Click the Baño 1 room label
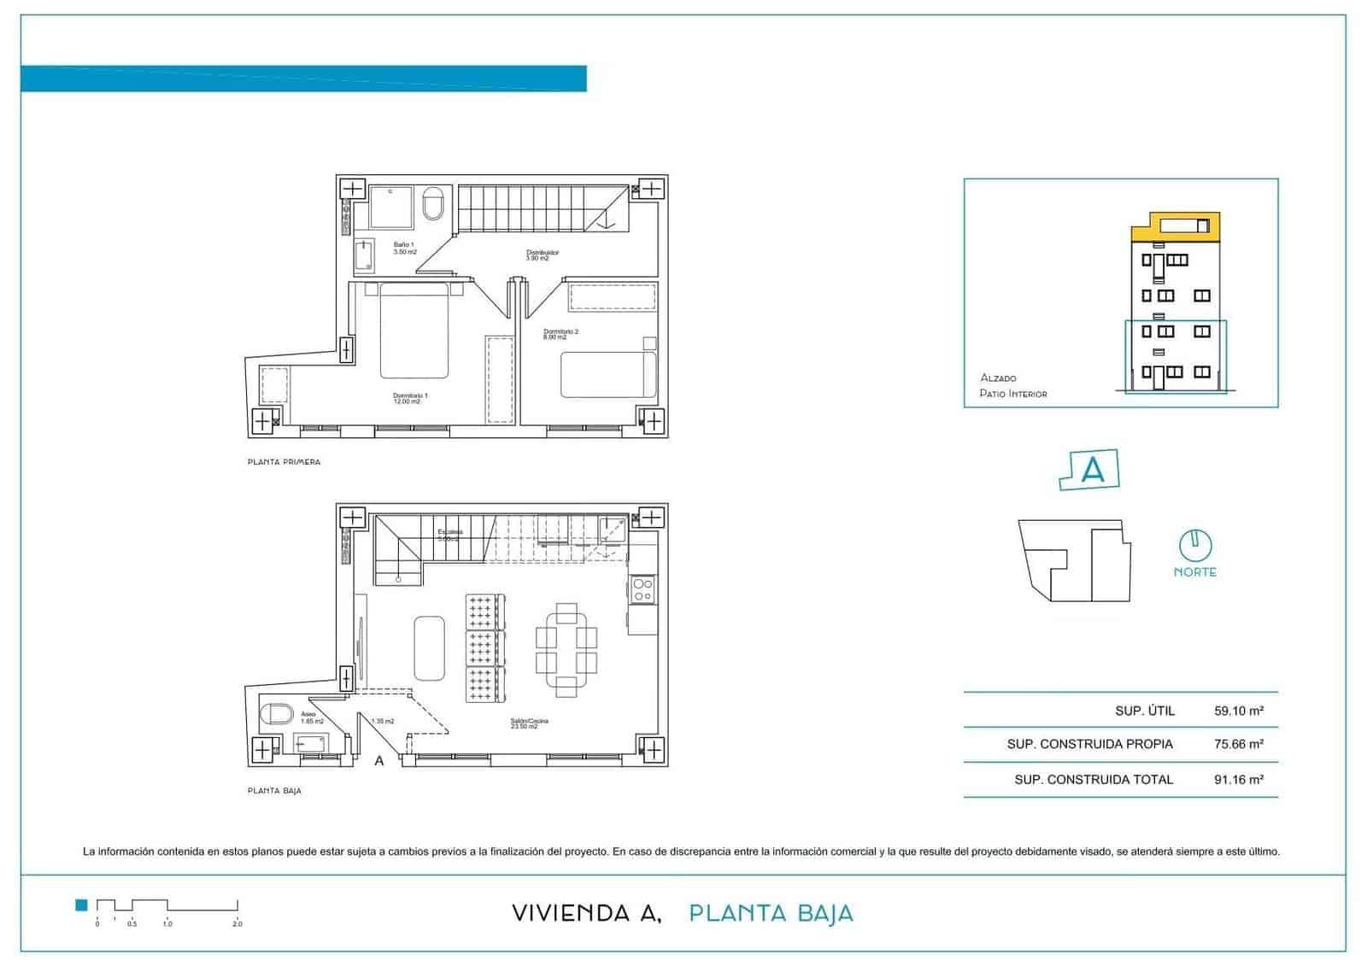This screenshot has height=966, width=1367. (404, 249)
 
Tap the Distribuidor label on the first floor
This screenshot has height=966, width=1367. (542, 255)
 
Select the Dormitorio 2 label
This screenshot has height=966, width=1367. (560, 334)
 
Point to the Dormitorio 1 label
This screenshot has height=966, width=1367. (410, 398)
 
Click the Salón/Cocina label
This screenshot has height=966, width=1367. (529, 723)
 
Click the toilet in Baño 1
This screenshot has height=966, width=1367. (434, 203)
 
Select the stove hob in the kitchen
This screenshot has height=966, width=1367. (642, 589)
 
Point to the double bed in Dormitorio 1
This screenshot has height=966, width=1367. (414, 331)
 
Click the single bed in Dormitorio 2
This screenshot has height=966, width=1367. (607, 374)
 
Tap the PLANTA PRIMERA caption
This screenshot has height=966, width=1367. (284, 462)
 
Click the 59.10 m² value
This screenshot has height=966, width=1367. (1238, 711)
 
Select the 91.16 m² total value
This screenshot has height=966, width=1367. (1238, 779)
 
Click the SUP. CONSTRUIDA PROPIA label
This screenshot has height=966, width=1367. (1089, 744)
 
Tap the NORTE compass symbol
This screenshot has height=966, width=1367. (1194, 544)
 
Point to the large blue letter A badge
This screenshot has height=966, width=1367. (1091, 470)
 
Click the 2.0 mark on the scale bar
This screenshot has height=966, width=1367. (238, 923)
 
